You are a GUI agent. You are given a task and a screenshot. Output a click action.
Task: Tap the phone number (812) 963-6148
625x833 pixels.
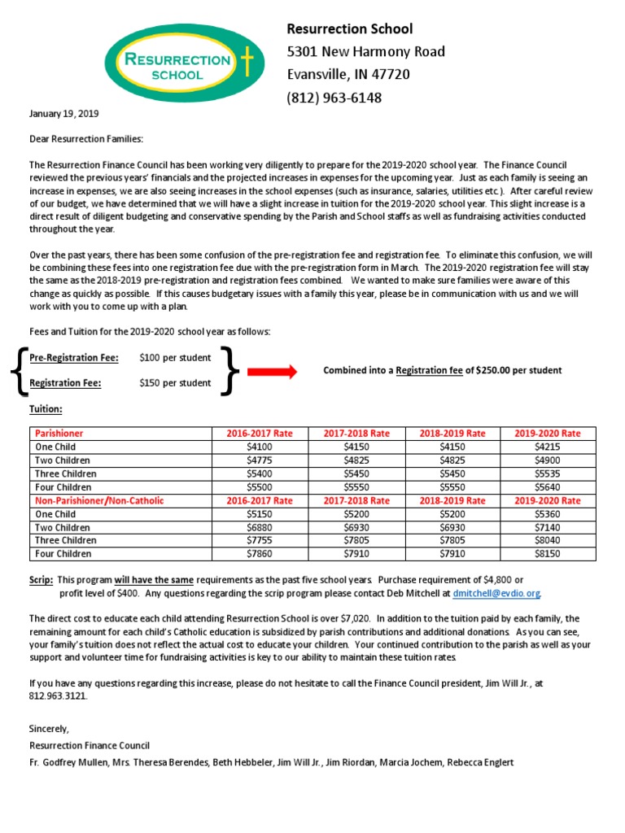coord(334,98)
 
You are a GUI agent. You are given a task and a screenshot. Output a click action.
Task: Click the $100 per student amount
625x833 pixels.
coord(175,358)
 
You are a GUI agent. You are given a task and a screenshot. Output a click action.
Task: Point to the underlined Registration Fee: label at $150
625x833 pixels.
coord(65,384)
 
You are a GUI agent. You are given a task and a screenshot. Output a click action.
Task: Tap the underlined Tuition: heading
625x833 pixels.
coord(46,409)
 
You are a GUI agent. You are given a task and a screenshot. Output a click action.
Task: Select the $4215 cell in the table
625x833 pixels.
coord(548,447)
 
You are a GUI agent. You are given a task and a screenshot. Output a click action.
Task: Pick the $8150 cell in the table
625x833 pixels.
coord(548,554)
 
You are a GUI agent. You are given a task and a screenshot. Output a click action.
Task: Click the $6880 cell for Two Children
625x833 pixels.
coord(259,527)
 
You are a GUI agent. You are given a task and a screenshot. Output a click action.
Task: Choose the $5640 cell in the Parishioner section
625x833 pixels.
coord(548,487)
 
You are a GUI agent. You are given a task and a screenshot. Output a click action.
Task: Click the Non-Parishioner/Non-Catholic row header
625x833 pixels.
coord(98,500)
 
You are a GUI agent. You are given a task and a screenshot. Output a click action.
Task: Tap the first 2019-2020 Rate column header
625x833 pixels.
coord(548,434)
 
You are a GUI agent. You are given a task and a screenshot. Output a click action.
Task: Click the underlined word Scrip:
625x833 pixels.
coord(42,579)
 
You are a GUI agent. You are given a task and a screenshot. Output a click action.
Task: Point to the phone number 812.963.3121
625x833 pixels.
coord(57,696)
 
